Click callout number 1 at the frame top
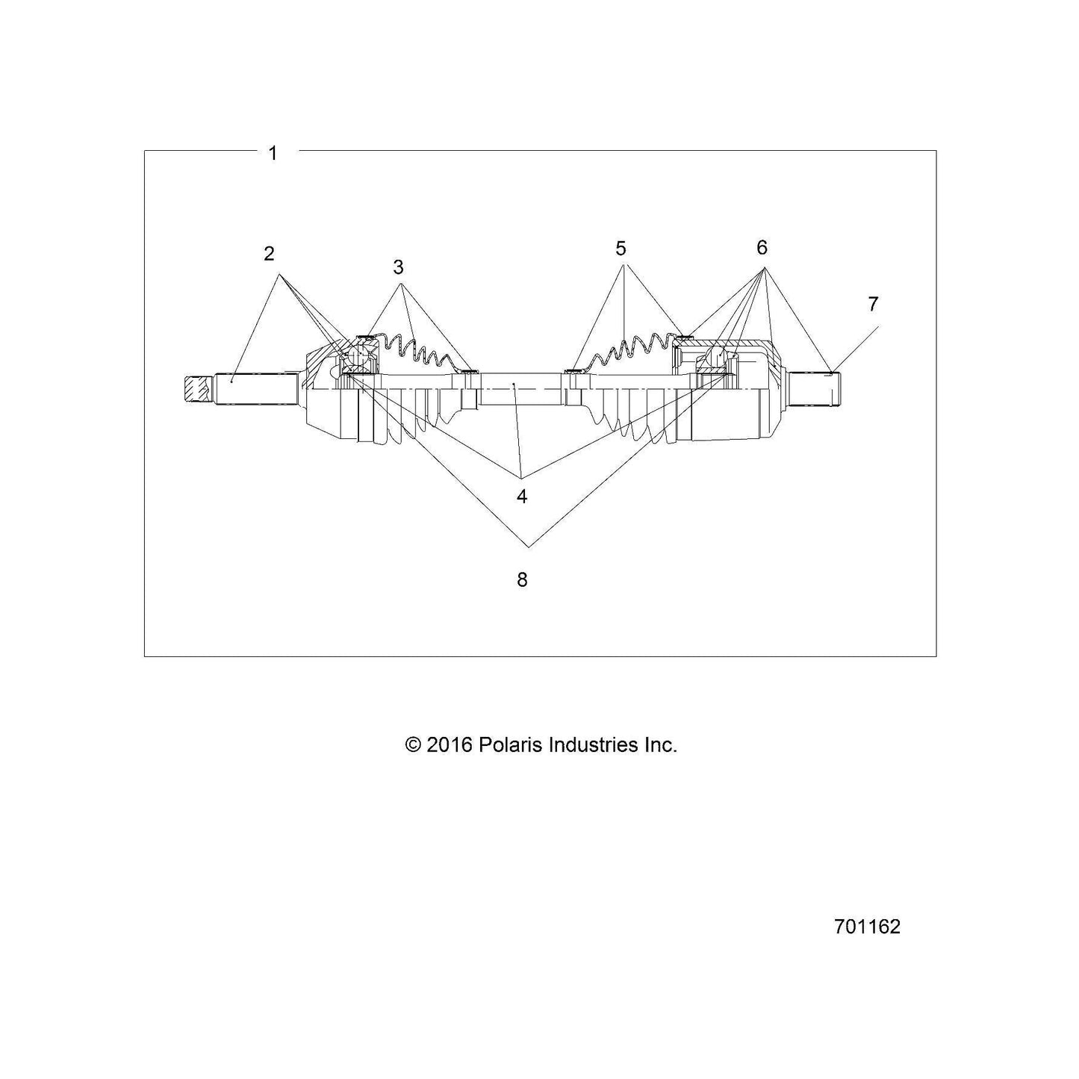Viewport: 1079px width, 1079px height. click(273, 153)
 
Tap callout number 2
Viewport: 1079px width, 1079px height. click(270, 254)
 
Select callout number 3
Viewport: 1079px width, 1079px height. click(398, 267)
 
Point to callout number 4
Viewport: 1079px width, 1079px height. click(522, 496)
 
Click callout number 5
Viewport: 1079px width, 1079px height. click(621, 248)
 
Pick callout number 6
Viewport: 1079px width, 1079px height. click(762, 247)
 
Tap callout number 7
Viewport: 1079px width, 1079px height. click(873, 304)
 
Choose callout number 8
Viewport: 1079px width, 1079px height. click(522, 579)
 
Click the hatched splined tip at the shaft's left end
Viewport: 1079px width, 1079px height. click(196, 391)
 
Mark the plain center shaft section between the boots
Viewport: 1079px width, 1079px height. click(520, 389)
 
